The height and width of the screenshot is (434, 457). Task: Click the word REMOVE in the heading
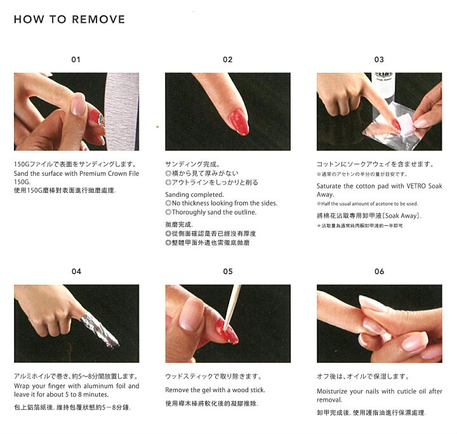(98, 20)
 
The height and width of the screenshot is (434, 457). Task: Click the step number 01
(76, 60)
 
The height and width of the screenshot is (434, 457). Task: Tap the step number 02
(228, 60)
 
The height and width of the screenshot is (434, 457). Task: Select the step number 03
(379, 60)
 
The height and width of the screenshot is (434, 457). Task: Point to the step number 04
(76, 272)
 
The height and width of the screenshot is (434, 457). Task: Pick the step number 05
(228, 272)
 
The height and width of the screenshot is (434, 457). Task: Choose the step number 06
(379, 272)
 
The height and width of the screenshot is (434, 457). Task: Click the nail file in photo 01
(122, 112)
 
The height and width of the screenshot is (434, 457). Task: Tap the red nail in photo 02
(239, 122)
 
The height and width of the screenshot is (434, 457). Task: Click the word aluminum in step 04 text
(98, 386)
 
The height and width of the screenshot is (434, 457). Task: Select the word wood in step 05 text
(235, 390)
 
